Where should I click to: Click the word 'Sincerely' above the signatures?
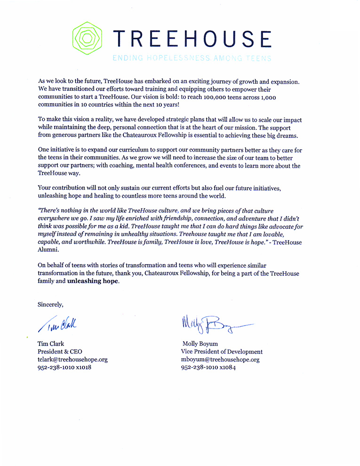pos(50,304)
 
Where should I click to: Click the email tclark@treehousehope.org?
pos(72,359)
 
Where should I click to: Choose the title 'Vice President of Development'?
pos(222,351)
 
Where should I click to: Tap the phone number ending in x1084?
pos(208,367)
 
